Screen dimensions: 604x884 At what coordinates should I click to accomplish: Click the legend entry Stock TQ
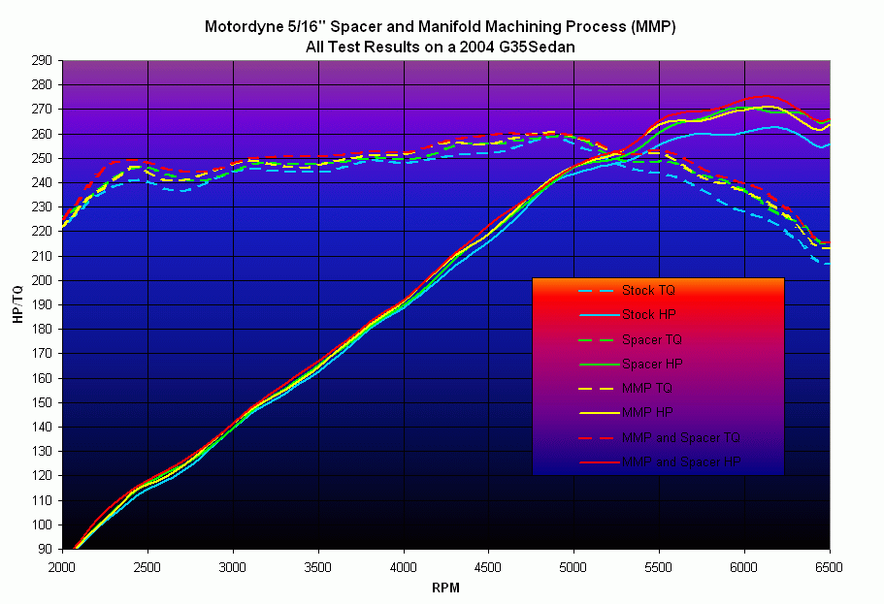pyautogui.click(x=647, y=290)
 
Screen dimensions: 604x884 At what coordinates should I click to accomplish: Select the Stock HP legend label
pyautogui.click(x=647, y=314)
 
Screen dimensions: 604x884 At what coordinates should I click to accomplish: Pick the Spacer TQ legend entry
pyautogui.click(x=650, y=339)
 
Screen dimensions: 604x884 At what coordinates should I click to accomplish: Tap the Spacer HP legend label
pyautogui.click(x=650, y=364)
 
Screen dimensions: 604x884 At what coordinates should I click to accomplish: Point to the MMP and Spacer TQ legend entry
pyautogui.click(x=681, y=437)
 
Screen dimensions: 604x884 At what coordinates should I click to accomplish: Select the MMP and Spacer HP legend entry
pyautogui.click(x=681, y=461)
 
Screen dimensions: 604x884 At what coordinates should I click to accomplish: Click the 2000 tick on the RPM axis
pyautogui.click(x=62, y=565)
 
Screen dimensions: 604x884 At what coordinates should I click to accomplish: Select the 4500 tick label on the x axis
pyautogui.click(x=488, y=565)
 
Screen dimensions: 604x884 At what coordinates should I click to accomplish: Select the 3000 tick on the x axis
pyautogui.click(x=233, y=565)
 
